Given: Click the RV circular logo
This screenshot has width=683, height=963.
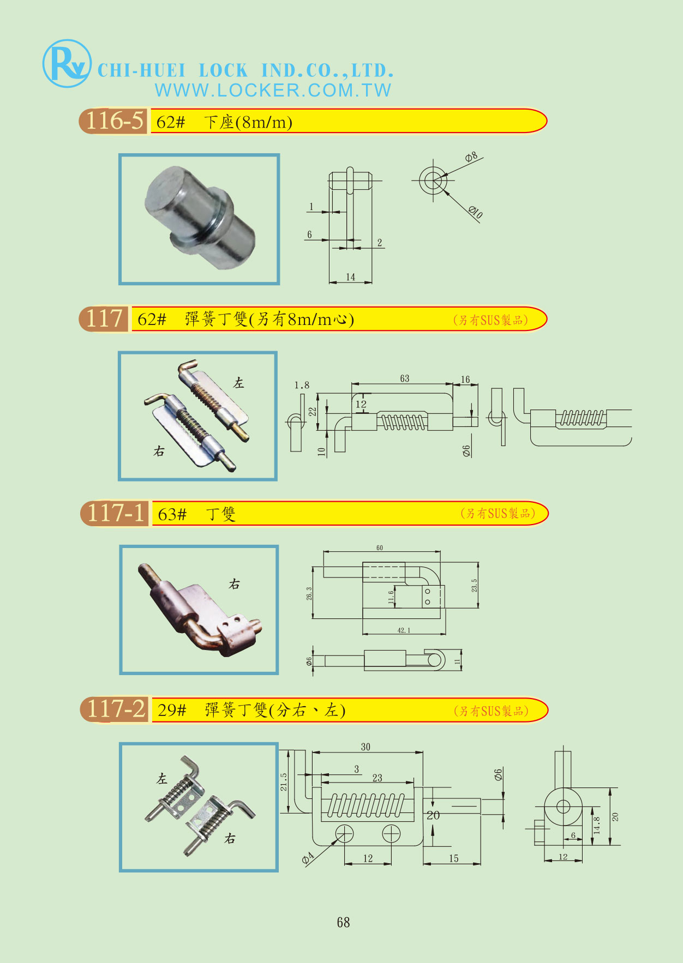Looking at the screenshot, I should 67,64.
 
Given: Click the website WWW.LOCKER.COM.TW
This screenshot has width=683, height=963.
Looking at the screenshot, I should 273,91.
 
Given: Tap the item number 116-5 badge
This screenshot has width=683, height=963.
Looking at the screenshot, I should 114,121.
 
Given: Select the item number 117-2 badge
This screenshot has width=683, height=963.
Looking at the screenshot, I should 116,709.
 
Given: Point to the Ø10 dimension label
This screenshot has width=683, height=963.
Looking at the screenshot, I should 475,212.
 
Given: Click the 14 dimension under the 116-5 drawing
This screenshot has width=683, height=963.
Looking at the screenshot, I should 350,277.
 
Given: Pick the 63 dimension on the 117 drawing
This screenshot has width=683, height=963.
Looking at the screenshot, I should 404,378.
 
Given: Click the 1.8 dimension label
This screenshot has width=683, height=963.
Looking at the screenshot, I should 302,386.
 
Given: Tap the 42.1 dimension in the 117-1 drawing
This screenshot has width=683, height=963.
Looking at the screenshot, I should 404,630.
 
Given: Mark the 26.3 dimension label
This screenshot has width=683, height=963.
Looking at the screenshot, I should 309,594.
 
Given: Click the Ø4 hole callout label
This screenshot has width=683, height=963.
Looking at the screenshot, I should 308,859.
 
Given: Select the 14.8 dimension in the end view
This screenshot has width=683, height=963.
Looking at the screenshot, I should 597,825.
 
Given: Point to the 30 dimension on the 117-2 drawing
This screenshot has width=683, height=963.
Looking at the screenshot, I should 366,747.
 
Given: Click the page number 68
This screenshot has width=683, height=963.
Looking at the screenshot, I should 343,922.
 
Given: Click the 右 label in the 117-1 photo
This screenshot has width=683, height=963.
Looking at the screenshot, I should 235,585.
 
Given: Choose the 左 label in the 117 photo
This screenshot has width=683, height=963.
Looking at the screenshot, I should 238,383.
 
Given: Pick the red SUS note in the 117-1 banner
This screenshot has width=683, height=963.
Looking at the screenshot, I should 498,513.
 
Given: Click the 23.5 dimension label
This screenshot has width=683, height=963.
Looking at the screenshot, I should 474,586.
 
